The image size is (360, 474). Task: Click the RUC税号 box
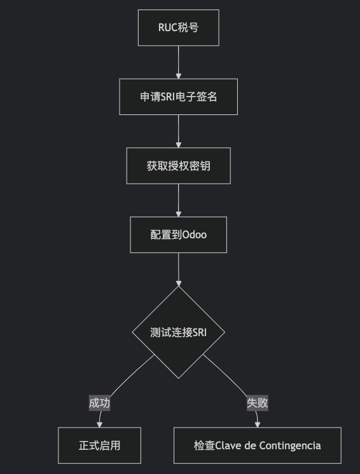pos(179,28)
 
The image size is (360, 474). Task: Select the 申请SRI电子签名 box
pos(179,97)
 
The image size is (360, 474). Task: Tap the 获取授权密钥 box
pos(179,166)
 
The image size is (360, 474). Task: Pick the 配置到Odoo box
pos(179,234)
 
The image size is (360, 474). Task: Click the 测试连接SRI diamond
pos(179,332)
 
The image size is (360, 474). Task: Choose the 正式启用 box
pos(99,445)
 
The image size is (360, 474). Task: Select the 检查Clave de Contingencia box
pos(258,445)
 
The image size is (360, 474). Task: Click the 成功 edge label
pos(99,403)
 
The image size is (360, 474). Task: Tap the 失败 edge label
pos(258,403)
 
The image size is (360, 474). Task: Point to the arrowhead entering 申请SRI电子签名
pos(179,76)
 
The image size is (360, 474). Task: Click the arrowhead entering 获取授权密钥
pos(179,144)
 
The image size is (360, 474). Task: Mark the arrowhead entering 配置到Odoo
pos(179,213)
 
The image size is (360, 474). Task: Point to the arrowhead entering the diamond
pos(179,283)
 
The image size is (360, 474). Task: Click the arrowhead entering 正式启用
pos(99,424)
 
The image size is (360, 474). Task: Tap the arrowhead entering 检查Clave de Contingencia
pos(258,424)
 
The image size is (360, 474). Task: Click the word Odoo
pos(195,235)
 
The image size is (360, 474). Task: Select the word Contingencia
pos(290,446)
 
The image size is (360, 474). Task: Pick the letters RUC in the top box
pos(167,27)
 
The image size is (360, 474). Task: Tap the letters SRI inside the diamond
pos(199,332)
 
